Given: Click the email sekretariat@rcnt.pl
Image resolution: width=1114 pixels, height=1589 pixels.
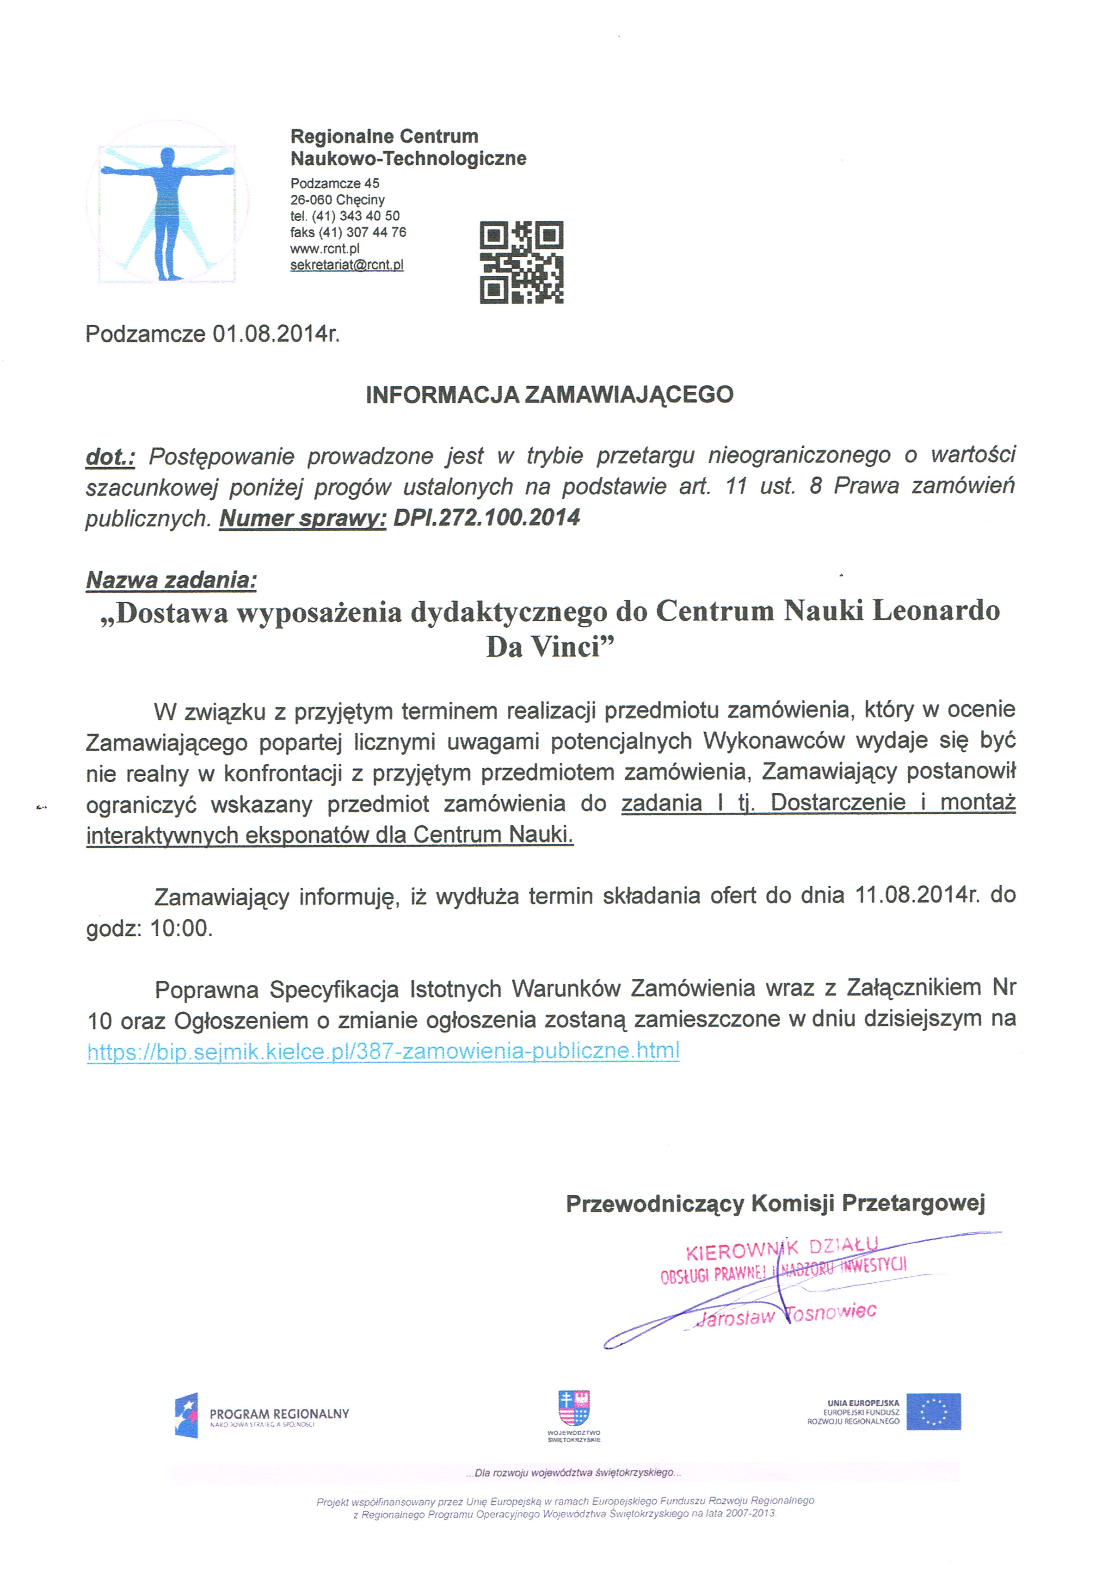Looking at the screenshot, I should (x=347, y=265).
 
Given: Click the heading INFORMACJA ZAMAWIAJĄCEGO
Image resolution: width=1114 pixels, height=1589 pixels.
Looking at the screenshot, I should (x=549, y=395).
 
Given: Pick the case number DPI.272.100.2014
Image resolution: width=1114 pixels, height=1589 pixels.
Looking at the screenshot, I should (x=486, y=517).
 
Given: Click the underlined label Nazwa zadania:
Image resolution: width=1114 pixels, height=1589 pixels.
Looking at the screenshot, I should (x=171, y=580).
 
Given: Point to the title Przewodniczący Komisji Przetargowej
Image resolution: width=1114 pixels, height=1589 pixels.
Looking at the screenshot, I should (x=775, y=1204).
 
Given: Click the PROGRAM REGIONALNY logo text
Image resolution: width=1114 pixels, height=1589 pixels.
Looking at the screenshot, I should (x=279, y=1414).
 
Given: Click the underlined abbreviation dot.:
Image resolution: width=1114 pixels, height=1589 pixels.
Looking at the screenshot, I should (x=109, y=457).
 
